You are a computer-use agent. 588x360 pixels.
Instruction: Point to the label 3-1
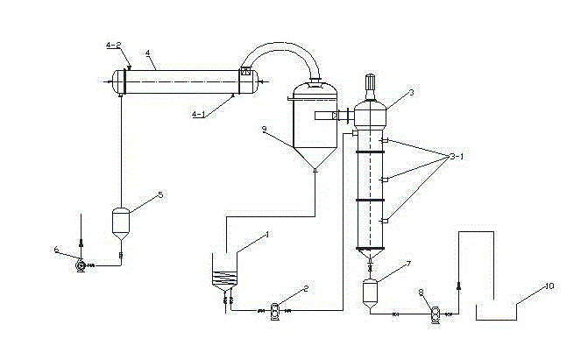point(457,157)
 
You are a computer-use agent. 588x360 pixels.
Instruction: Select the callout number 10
point(549,286)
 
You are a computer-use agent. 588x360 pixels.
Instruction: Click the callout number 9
point(265,129)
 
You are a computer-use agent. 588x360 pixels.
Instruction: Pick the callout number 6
point(58,251)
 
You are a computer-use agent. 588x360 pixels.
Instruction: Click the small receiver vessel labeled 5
point(121,220)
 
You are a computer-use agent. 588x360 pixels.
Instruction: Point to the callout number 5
point(159,196)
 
